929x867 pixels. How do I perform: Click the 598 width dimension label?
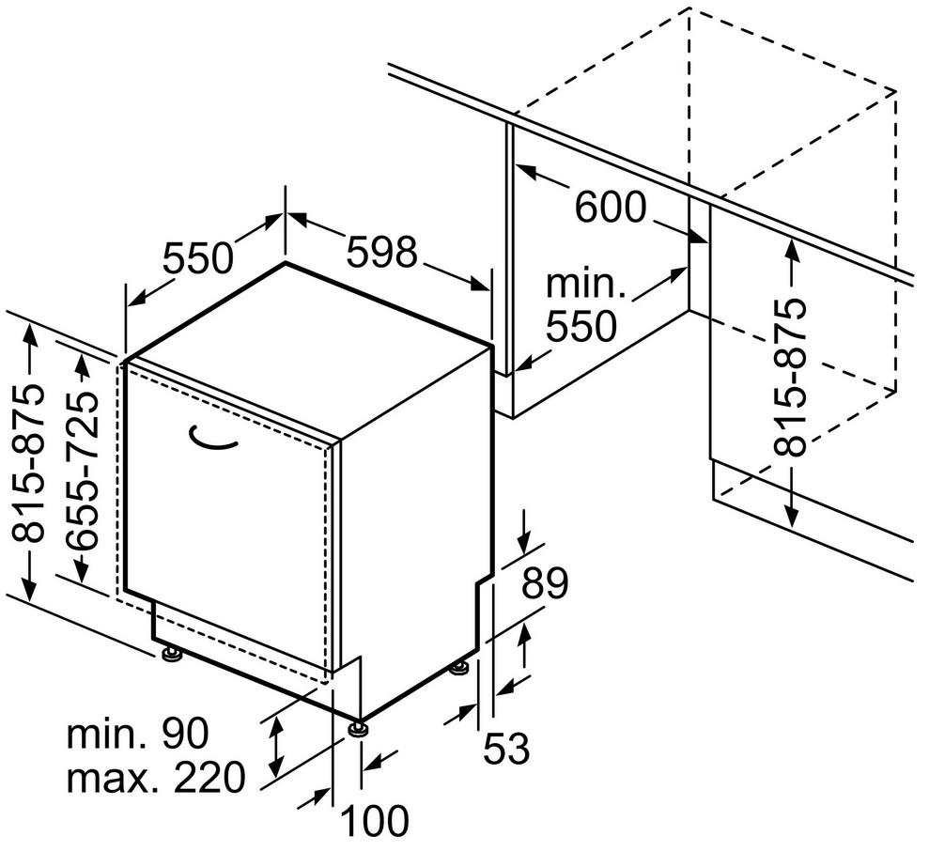point(381,252)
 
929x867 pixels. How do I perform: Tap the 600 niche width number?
point(611,207)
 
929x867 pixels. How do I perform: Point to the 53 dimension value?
point(507,749)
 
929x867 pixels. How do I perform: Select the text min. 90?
point(137,733)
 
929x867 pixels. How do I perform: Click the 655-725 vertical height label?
point(85,470)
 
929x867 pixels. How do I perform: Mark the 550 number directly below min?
point(582,325)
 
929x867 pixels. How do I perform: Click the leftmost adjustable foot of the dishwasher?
point(171,654)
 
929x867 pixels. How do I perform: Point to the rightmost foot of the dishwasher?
point(458,668)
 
